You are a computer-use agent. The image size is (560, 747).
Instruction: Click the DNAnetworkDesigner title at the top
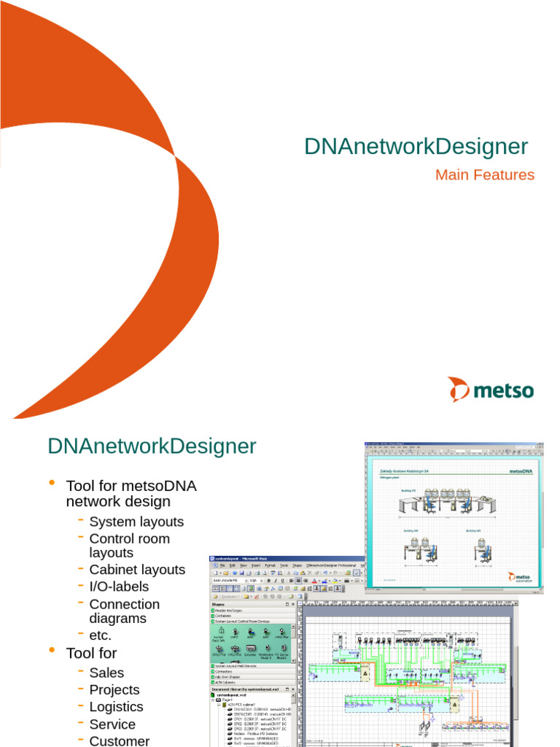(416, 146)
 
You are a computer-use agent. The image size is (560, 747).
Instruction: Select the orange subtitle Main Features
(484, 175)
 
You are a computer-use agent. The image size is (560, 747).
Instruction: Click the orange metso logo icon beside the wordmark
(459, 390)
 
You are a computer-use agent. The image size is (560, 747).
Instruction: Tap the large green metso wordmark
(503, 391)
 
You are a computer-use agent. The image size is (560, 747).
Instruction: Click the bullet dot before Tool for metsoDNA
(52, 483)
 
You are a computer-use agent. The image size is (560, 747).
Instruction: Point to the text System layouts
(136, 522)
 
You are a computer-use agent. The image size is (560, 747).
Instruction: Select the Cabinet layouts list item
(137, 570)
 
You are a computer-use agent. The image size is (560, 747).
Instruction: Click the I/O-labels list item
(119, 587)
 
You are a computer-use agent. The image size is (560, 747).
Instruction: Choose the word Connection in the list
(124, 604)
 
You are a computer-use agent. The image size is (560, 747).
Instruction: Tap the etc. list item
(101, 635)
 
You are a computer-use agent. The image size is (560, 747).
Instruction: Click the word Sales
(106, 673)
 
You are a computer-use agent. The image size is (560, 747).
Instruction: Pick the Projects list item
(114, 689)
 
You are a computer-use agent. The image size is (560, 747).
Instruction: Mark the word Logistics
(116, 707)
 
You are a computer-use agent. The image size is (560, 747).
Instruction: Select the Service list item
(112, 724)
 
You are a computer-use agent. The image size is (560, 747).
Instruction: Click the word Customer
(120, 741)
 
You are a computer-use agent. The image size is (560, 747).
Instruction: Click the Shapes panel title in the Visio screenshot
(220, 603)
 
